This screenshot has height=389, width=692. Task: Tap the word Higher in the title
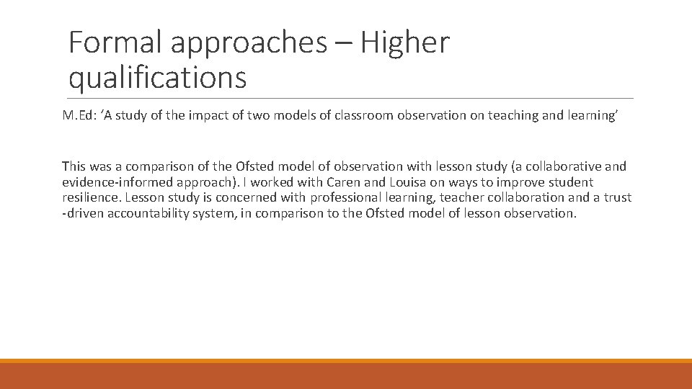(405, 43)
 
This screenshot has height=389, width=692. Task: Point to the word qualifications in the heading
(157, 77)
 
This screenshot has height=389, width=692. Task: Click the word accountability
(149, 213)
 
